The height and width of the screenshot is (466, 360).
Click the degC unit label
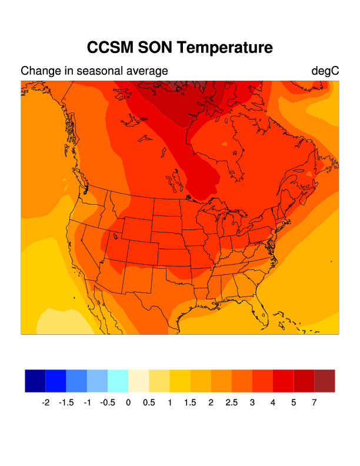(325, 71)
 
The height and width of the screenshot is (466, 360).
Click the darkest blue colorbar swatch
(35, 381)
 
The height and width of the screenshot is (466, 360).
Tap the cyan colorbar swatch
(118, 381)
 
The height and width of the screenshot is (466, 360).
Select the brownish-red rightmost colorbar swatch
(325, 381)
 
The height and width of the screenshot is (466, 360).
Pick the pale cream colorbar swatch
(139, 381)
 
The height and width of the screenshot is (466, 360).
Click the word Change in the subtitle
(38, 71)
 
